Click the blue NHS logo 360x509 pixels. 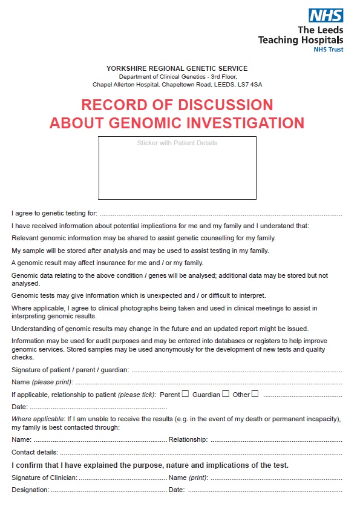pyautogui.click(x=326, y=15)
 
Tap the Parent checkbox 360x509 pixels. pyautogui.click(x=185, y=394)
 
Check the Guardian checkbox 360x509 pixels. pyautogui.click(x=225, y=394)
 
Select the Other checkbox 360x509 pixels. pyautogui.click(x=255, y=394)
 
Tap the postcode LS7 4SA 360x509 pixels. pyautogui.click(x=250, y=84)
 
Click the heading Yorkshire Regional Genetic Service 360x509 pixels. pyautogui.click(x=177, y=68)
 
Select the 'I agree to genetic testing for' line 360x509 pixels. pyautogui.click(x=220, y=214)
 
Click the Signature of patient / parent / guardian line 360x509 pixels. pyautogui.click(x=236, y=370)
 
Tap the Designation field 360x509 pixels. pyautogui.click(x=108, y=490)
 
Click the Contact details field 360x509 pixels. pyautogui.click(x=200, y=452)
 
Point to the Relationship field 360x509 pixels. pyautogui.click(x=275, y=440)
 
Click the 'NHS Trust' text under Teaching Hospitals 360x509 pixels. pyautogui.click(x=328, y=50)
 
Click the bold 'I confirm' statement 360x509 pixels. pyautogui.click(x=150, y=465)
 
